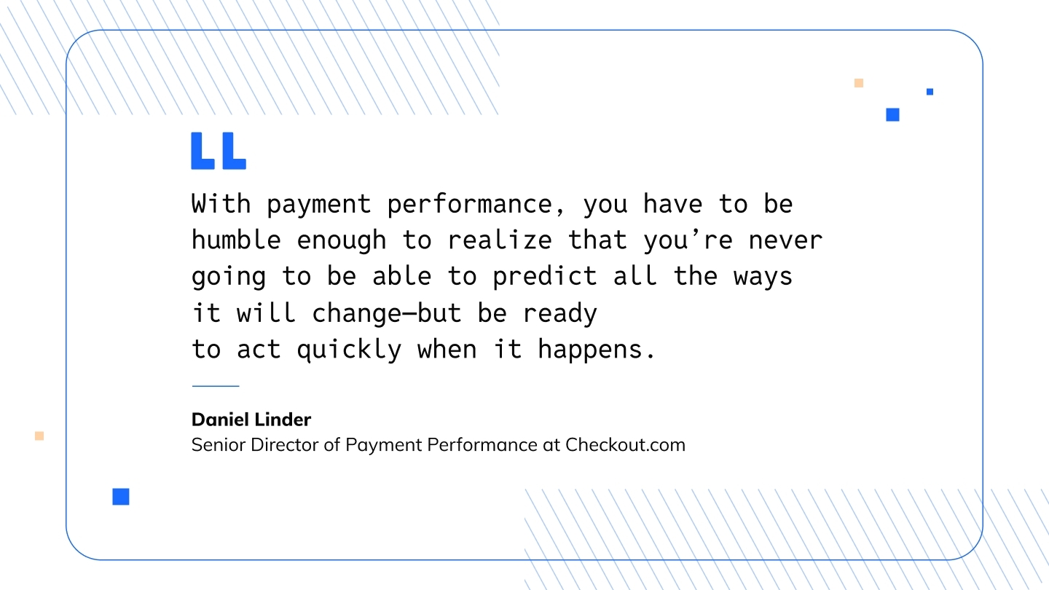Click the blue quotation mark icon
(x=219, y=150)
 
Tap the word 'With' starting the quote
(x=221, y=204)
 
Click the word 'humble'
(x=236, y=240)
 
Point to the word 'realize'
(x=500, y=240)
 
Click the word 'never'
(x=785, y=241)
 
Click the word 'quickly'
(x=350, y=350)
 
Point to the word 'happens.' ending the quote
(x=596, y=350)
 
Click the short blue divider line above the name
(x=216, y=386)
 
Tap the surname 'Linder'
(x=283, y=420)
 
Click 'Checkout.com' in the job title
(x=625, y=444)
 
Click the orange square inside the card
(x=858, y=83)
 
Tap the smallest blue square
(x=930, y=92)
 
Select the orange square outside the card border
(x=39, y=436)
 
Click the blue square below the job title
(x=121, y=497)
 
